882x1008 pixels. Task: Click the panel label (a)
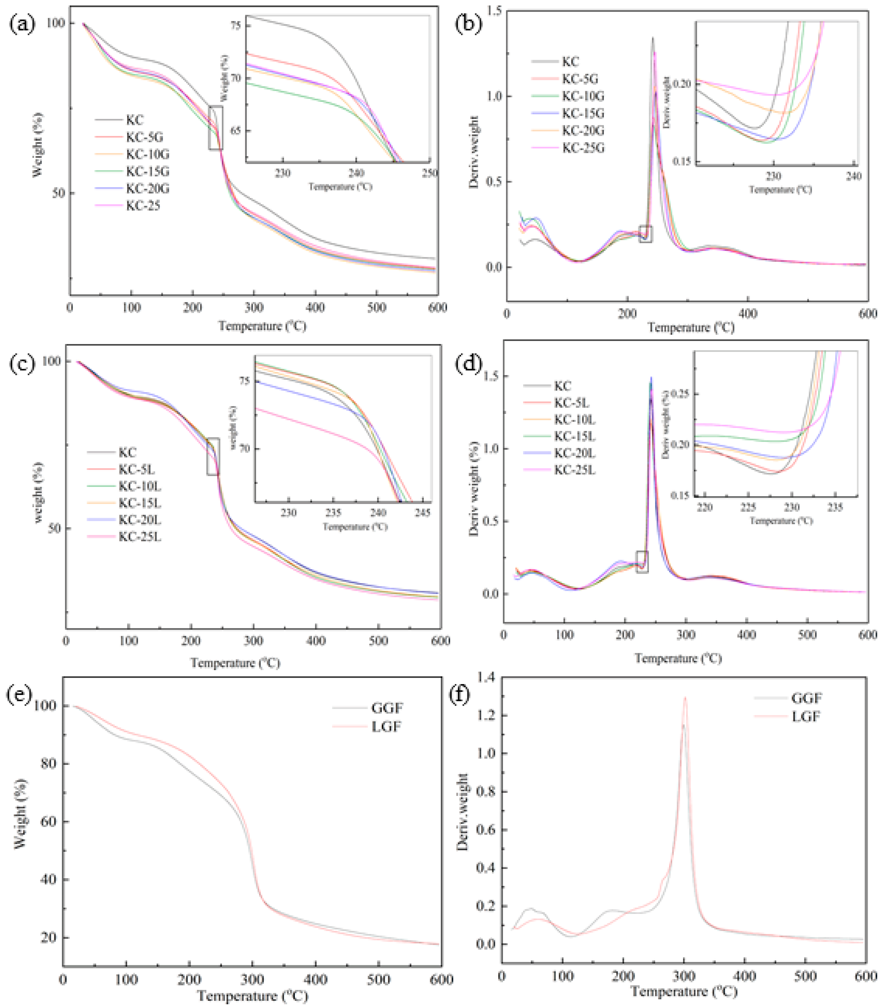pyautogui.click(x=22, y=24)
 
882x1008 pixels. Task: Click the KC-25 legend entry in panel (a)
pyautogui.click(x=143, y=206)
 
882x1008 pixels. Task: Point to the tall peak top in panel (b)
pyautogui.click(x=653, y=38)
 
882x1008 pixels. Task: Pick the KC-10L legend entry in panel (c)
pyautogui.click(x=139, y=486)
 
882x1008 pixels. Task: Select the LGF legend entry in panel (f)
pyautogui.click(x=806, y=717)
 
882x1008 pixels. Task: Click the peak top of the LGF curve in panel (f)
pyautogui.click(x=684, y=697)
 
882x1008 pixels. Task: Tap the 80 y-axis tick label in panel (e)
pyautogui.click(x=49, y=763)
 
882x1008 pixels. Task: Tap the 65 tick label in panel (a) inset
pyautogui.click(x=236, y=131)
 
